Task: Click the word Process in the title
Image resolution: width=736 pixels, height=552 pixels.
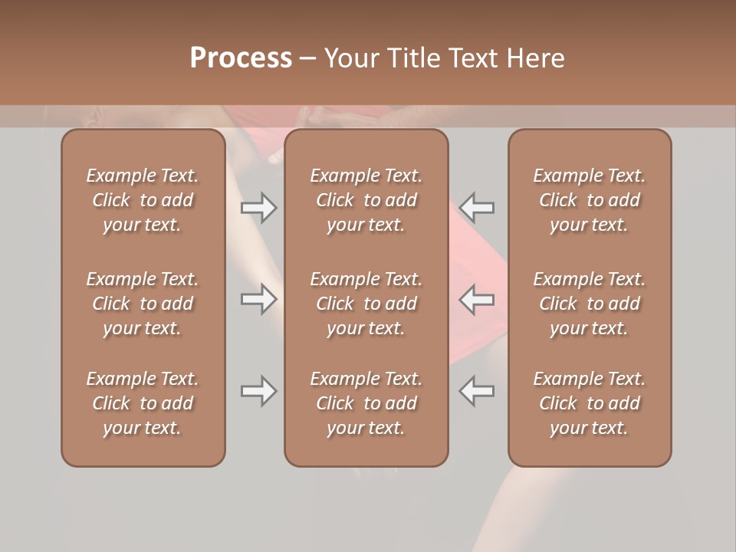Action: point(241,58)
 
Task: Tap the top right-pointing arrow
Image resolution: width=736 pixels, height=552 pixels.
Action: point(258,207)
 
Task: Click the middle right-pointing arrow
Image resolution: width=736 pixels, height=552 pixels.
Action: point(258,299)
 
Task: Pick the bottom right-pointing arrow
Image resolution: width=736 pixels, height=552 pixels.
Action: point(258,391)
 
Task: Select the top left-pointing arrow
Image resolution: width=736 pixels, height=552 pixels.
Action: point(477,207)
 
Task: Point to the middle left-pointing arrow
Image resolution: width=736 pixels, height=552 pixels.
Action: point(477,299)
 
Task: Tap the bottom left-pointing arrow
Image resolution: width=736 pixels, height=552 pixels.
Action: point(477,391)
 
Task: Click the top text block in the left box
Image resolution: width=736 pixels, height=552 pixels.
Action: point(143,200)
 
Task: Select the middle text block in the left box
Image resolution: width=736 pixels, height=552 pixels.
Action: point(143,304)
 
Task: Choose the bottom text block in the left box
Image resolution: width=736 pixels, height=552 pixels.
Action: point(143,403)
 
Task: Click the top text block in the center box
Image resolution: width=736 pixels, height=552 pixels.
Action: point(366,200)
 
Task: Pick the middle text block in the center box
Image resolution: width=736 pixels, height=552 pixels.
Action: point(366,304)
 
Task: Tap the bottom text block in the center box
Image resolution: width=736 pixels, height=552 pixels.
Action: point(366,403)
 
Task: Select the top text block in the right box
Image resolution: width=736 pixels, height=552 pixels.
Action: point(589,200)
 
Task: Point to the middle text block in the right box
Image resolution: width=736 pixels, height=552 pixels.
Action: point(589,304)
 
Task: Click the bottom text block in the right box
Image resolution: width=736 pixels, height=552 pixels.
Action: point(589,403)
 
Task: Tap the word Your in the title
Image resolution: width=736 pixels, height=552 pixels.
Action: point(352,58)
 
